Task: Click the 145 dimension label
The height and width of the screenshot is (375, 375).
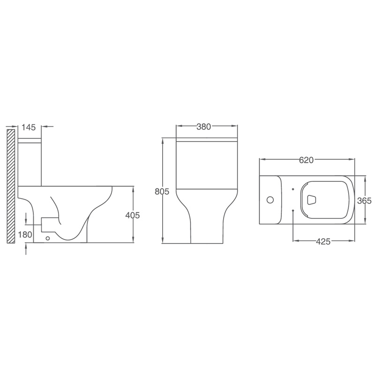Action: tap(29, 127)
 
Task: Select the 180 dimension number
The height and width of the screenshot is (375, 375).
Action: tap(25, 235)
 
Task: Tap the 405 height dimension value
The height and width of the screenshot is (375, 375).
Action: tap(133, 216)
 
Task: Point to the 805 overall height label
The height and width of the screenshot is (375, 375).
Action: tap(162, 192)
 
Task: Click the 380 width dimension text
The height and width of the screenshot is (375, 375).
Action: tap(204, 127)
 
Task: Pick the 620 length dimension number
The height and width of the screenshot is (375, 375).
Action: tap(307, 160)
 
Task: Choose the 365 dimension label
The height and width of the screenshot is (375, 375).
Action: tap(364, 201)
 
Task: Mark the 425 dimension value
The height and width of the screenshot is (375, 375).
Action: tap(323, 241)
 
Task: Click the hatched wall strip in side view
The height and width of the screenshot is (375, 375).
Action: tap(11, 186)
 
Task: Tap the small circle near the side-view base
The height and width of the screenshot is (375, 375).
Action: tap(48, 238)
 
